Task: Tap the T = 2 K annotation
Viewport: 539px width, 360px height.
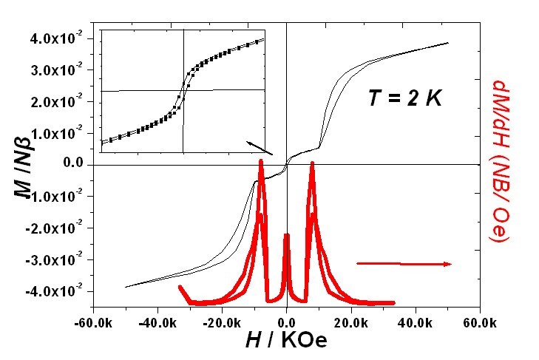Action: click(x=404, y=97)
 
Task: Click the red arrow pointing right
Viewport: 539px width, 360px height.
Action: click(x=404, y=263)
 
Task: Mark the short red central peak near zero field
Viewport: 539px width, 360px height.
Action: click(x=287, y=237)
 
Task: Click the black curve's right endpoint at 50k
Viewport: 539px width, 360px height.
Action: click(x=448, y=43)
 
